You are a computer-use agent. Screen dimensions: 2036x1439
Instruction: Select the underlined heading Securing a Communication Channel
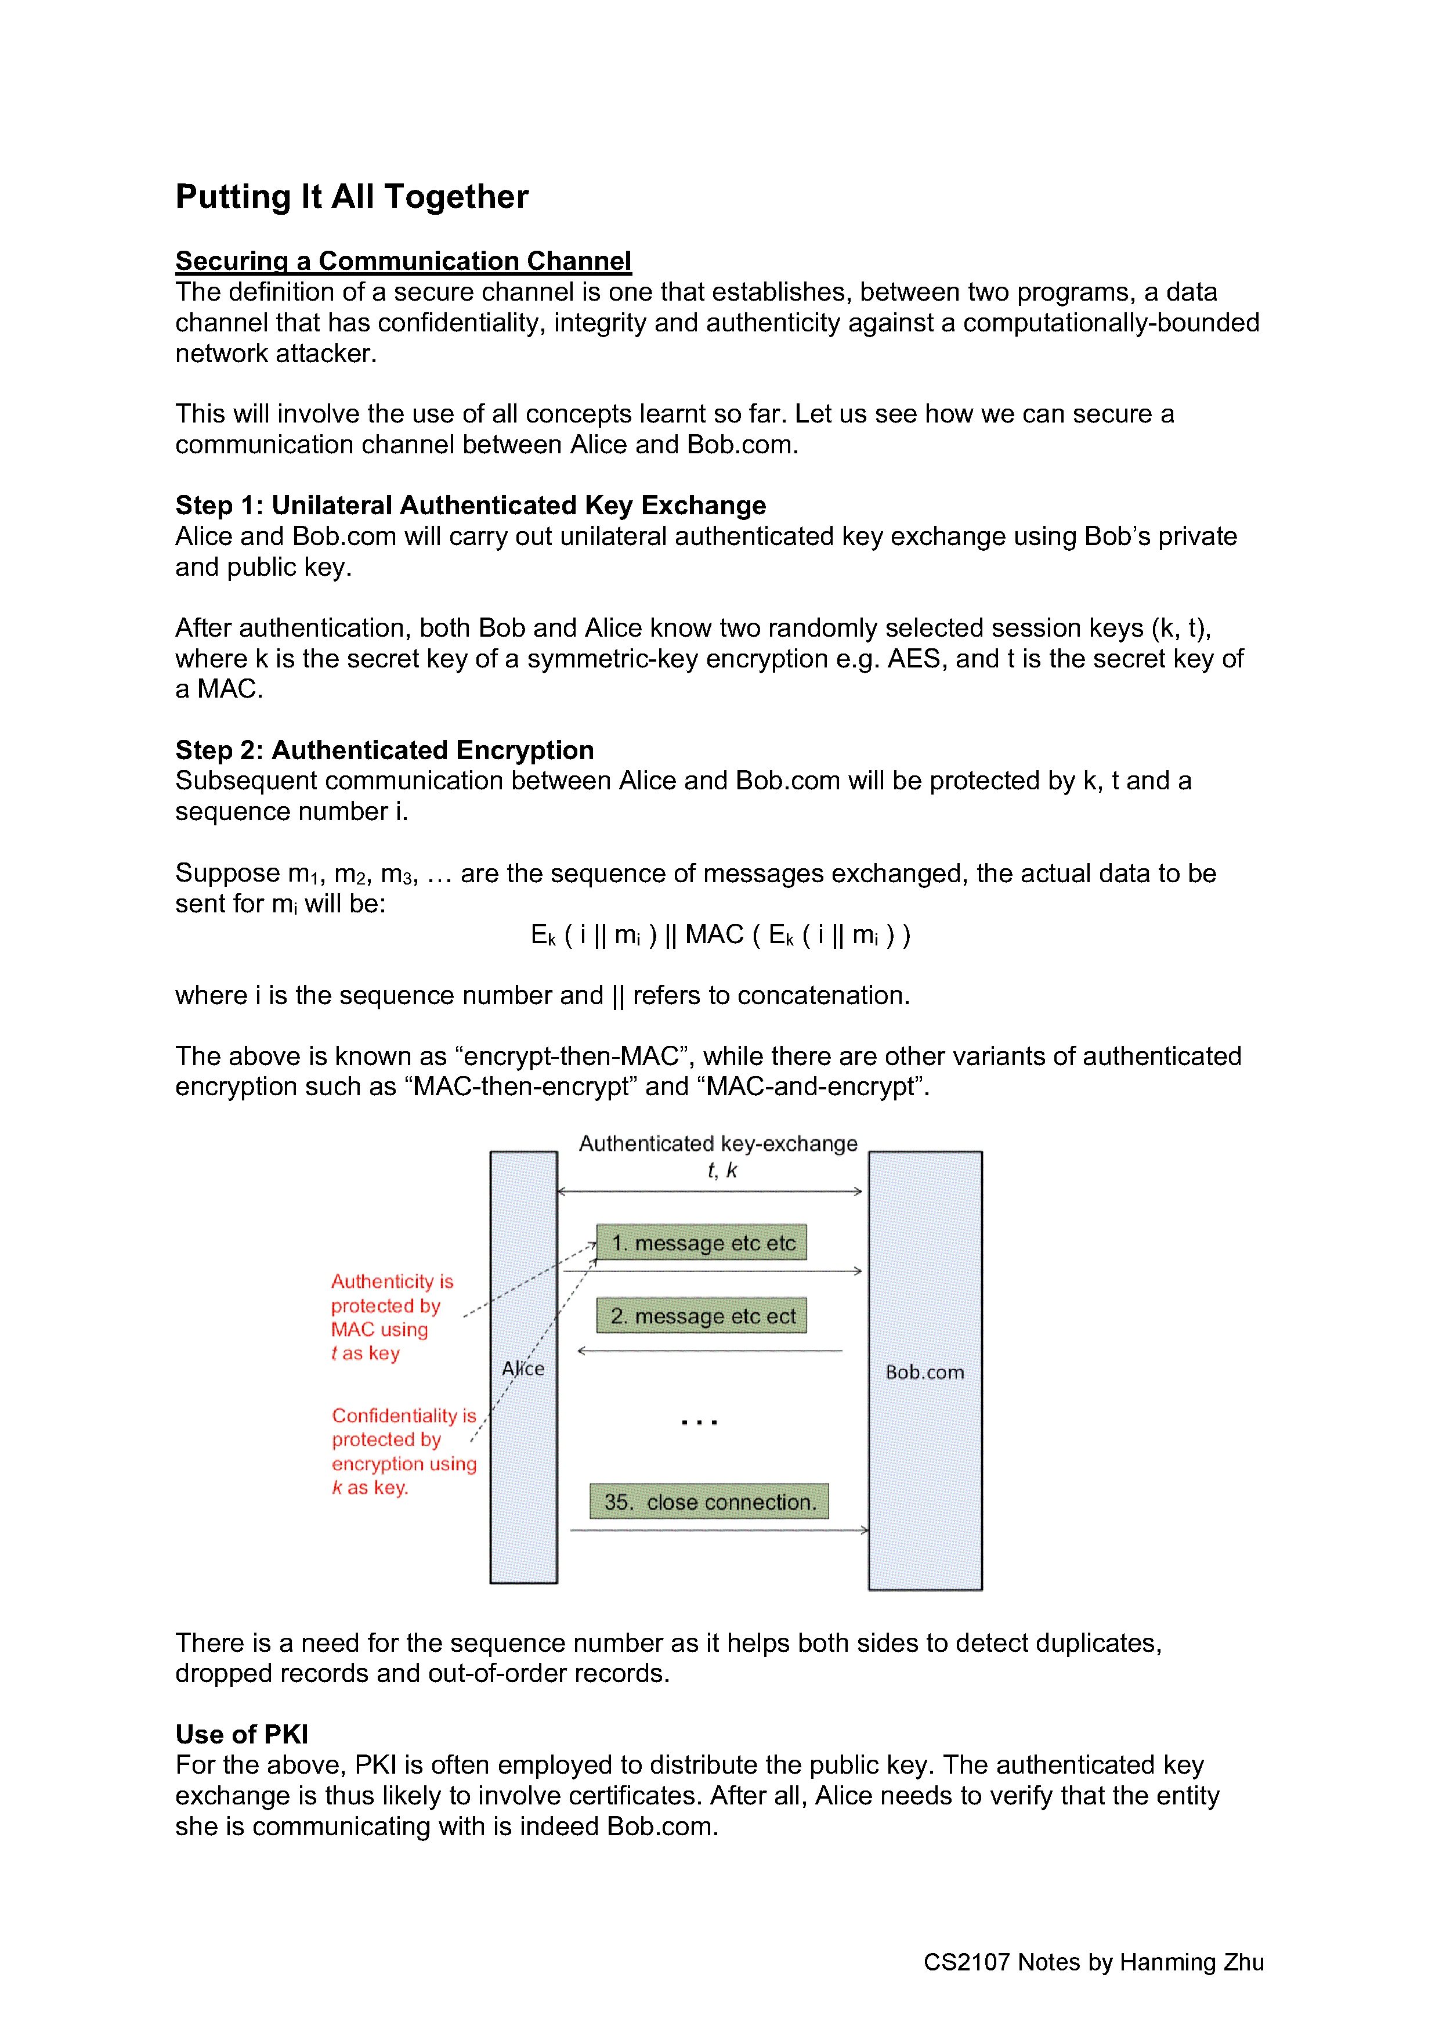click(x=403, y=261)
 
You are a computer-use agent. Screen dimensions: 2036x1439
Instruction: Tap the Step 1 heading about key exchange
click(x=470, y=506)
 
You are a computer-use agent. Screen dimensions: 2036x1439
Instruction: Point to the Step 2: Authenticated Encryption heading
click(x=384, y=750)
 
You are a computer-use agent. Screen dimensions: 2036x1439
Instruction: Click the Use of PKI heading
click(x=241, y=1735)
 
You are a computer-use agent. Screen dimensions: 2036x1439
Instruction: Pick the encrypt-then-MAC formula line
click(x=720, y=934)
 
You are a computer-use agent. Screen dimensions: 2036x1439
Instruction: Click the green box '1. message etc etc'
click(x=702, y=1243)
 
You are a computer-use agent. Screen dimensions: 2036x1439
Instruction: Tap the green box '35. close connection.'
click(x=708, y=1502)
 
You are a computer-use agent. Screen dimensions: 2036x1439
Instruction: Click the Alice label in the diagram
click(x=523, y=1369)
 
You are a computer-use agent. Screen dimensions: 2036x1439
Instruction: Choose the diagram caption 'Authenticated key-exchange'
click(x=718, y=1144)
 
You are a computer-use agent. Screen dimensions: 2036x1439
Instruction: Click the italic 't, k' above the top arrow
click(x=722, y=1171)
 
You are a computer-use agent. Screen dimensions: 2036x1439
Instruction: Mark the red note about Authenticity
click(x=392, y=1317)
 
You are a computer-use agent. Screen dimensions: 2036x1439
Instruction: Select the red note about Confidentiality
click(x=403, y=1451)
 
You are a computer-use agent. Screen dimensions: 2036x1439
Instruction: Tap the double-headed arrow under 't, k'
click(x=709, y=1192)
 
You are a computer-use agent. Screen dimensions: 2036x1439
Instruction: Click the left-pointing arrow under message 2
click(x=709, y=1351)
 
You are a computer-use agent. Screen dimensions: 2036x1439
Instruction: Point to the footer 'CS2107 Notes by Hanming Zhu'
click(x=1093, y=1962)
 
